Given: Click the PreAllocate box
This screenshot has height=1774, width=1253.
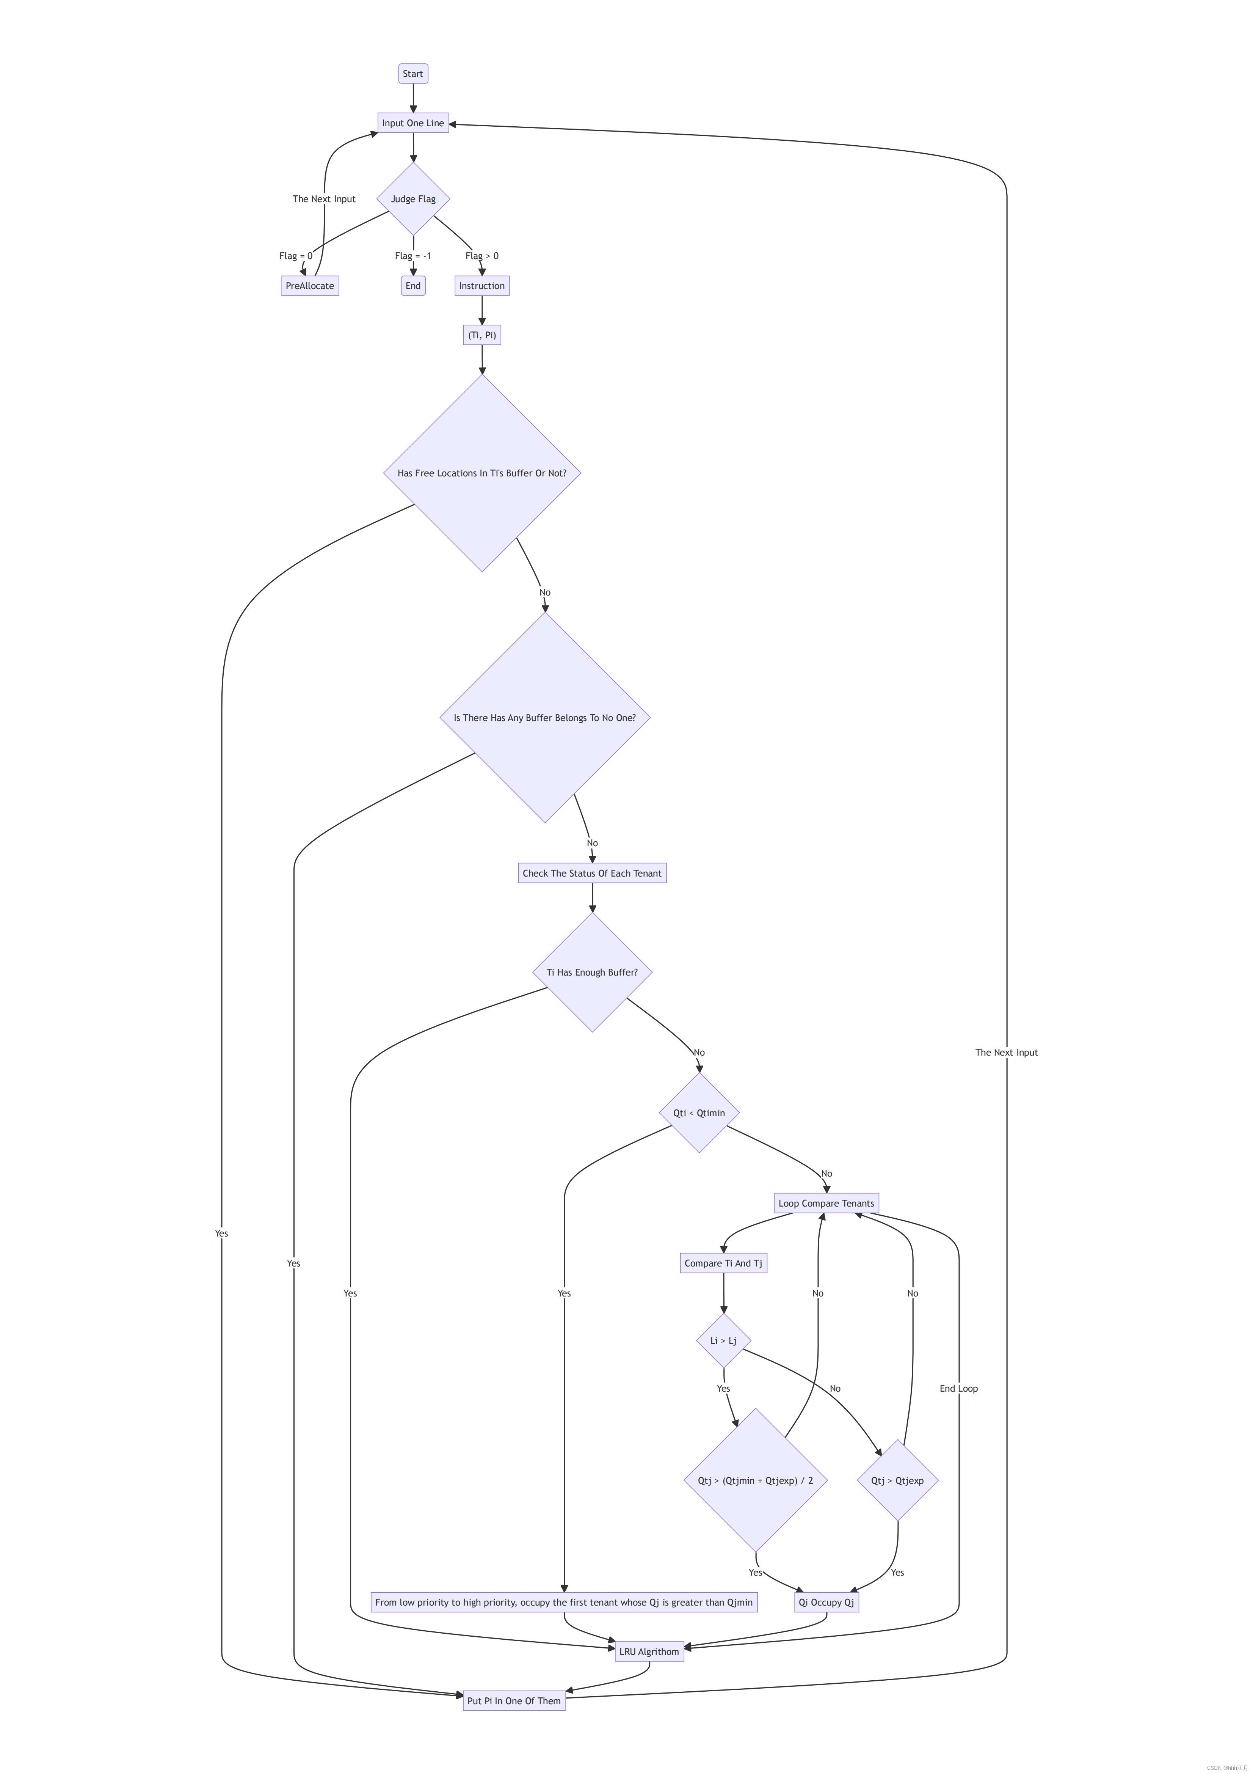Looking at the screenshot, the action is point(310,286).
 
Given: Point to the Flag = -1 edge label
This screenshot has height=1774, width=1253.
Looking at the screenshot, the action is point(412,256).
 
